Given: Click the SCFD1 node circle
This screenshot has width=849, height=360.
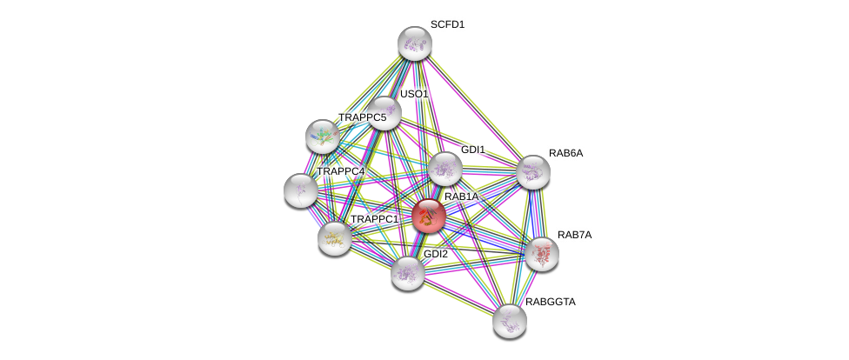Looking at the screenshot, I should pos(415,43).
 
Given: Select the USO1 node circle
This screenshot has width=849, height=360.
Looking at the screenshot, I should pos(384,113).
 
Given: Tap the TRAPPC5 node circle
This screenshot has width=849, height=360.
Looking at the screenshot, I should pos(323,136).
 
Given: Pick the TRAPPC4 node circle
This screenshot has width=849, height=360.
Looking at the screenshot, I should pos(301,190).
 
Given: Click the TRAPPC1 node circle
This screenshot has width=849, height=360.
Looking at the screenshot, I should pos(334,237).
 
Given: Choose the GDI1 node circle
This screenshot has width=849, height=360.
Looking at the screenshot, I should pos(445,169).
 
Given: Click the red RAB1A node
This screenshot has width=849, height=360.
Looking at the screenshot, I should pos(429,216).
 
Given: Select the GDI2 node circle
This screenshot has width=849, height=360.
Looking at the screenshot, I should pos(407,273).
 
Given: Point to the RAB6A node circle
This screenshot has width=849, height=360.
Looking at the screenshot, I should pos(533,172).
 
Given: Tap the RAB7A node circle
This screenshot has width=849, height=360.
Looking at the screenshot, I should pos(541,254).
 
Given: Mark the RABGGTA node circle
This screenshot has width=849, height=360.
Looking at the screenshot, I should pos(509,320).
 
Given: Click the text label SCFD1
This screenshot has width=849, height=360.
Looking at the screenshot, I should pos(447,24).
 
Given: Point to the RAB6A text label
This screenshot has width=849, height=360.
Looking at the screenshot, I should pos(566,153).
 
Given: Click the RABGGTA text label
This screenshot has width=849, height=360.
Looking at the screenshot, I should pos(551,302).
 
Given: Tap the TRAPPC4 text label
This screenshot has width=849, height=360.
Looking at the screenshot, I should pos(340,171).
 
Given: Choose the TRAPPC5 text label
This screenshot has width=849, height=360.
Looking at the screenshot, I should pos(362,117).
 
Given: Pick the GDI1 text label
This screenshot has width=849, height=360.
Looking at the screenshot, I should pos(473,150).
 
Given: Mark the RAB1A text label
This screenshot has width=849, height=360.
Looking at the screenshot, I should pos(462,197).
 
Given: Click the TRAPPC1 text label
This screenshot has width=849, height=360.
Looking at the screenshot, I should pos(374,218).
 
